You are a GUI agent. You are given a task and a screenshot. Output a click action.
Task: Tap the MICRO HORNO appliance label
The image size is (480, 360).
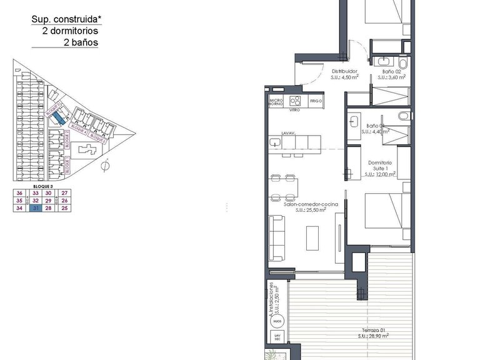[276, 101]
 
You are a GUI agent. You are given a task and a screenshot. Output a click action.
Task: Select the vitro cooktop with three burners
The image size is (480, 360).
[296, 101]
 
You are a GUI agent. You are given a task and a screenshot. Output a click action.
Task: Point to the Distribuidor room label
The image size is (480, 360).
[344, 71]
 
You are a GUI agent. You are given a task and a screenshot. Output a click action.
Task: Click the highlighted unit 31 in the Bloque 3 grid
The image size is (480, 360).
[36, 209]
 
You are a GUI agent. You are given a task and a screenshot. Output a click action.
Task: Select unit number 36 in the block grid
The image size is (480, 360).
[19, 194]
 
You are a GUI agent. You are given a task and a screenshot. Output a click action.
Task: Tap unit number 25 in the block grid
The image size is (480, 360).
[66, 209]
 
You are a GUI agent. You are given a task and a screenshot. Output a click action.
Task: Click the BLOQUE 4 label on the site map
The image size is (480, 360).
[77, 128]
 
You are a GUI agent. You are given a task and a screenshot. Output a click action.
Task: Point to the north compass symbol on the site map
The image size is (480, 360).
[106, 166]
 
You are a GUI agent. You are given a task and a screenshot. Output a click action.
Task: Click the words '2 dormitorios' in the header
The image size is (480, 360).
[70, 31]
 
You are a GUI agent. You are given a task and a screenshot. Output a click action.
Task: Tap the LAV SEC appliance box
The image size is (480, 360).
[277, 338]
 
